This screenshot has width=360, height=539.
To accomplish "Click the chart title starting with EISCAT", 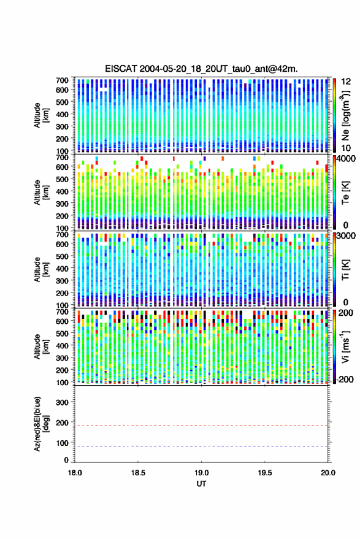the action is pyautogui.click(x=201, y=69).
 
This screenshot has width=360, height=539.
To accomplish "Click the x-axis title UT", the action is pyautogui.click(x=201, y=484).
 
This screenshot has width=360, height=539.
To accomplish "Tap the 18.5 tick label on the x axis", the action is pyautogui.click(x=138, y=473).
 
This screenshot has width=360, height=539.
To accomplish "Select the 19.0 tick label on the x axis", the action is pyautogui.click(x=201, y=473).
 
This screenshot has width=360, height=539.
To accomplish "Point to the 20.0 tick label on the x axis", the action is pyautogui.click(x=328, y=473).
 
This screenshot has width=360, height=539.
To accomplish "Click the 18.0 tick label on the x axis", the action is pyautogui.click(x=75, y=473).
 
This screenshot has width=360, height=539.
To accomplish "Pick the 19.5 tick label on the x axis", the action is pyautogui.click(x=265, y=473).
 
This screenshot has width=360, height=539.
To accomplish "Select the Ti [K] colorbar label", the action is pyautogui.click(x=345, y=270).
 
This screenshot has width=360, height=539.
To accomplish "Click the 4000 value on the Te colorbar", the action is pyautogui.click(x=347, y=159).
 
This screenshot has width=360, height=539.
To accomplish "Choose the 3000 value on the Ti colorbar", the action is pyautogui.click(x=347, y=236).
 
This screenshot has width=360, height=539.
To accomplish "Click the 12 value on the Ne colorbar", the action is pyautogui.click(x=346, y=82).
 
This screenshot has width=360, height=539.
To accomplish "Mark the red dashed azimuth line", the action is pyautogui.click(x=201, y=426).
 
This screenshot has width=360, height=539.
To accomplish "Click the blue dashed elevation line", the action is pyautogui.click(x=201, y=446).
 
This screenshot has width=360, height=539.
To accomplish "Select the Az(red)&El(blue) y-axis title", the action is pyautogui.click(x=41, y=424).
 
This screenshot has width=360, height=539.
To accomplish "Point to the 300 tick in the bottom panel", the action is pyautogui.click(x=62, y=402).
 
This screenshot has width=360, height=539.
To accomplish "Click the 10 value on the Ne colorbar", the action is pyautogui.click(x=346, y=148).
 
